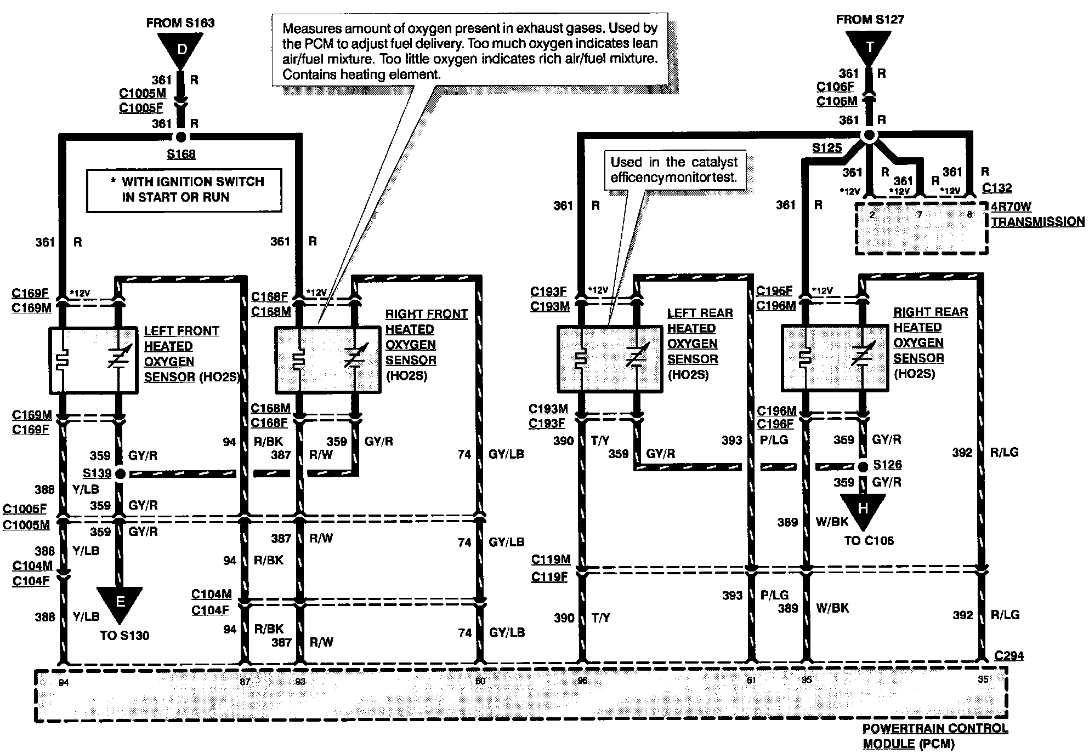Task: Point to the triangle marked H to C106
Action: pos(863,509)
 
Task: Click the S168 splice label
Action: pos(181,154)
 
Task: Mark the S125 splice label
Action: pos(826,148)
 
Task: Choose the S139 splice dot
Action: pos(120,473)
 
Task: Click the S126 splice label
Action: pos(887,465)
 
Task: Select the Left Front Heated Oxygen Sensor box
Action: pos(93,360)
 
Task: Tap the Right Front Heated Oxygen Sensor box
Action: pos(327,359)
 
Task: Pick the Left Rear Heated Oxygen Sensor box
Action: pos(610,359)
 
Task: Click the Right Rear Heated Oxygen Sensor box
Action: pos(834,358)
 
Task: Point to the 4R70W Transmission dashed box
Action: pos(921,229)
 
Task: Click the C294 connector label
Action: pos(1008,655)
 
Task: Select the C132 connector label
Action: pos(996,188)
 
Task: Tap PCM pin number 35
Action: pos(983,679)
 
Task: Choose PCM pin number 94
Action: pos(64,682)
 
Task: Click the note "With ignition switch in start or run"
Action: pos(184,190)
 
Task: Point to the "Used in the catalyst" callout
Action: pos(674,170)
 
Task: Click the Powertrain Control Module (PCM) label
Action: pos(935,736)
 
